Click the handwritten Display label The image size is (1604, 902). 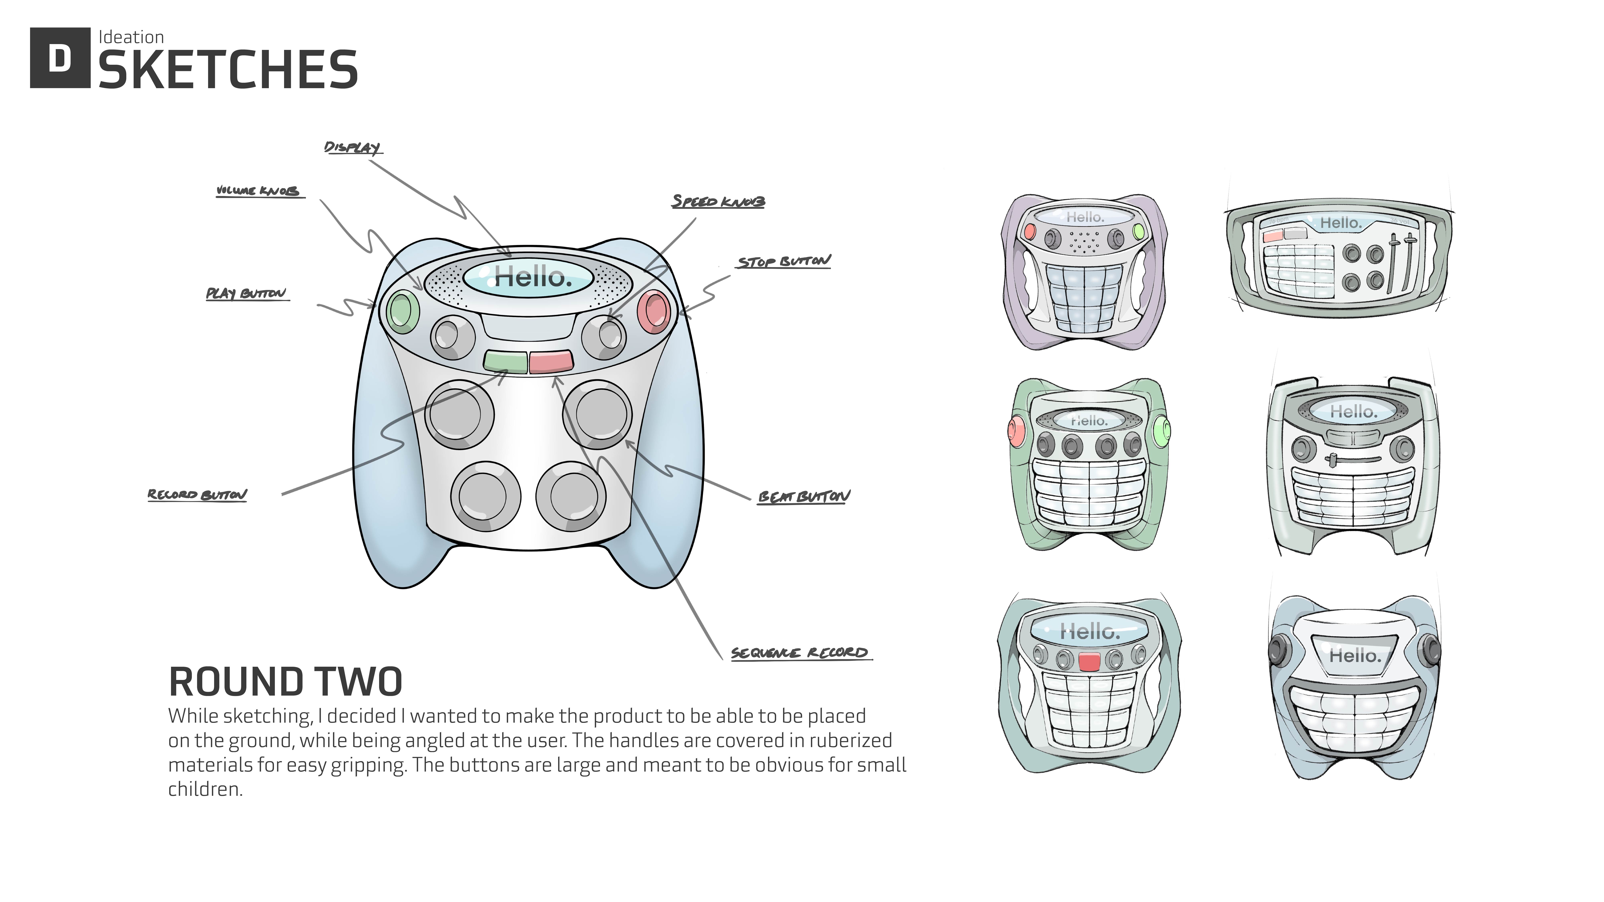(x=352, y=147)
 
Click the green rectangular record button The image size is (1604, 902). (x=505, y=361)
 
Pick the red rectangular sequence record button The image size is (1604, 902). (x=551, y=361)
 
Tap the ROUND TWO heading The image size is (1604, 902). (x=285, y=682)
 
